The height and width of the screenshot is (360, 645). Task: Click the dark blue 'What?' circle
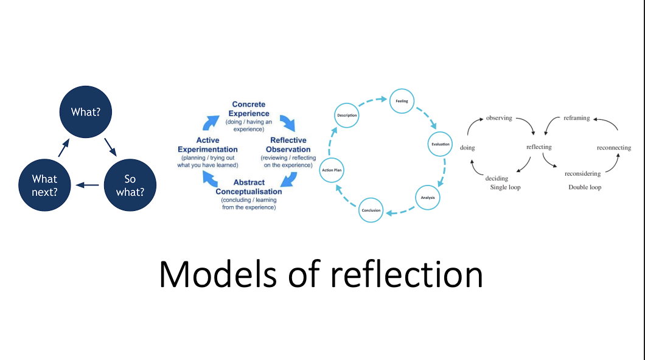(85, 112)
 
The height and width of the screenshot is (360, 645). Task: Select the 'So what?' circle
(130, 185)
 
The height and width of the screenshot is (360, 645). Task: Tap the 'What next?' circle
(44, 185)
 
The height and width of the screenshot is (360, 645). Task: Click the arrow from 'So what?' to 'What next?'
(87, 185)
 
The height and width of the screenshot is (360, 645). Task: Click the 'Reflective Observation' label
(288, 145)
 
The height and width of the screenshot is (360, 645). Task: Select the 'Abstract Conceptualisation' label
(248, 187)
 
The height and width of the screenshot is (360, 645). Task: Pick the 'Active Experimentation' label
(207, 145)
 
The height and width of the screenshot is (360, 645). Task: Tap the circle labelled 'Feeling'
(402, 102)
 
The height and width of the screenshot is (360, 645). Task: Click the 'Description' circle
(347, 116)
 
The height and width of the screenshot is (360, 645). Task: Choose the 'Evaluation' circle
(440, 144)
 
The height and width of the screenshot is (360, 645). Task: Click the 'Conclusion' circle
(371, 210)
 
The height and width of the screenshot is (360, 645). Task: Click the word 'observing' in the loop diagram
(499, 117)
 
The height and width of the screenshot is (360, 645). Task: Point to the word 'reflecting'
(539, 147)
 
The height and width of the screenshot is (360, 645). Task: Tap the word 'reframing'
(576, 118)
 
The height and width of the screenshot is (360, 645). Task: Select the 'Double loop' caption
(585, 187)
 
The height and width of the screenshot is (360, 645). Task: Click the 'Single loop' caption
(505, 187)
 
